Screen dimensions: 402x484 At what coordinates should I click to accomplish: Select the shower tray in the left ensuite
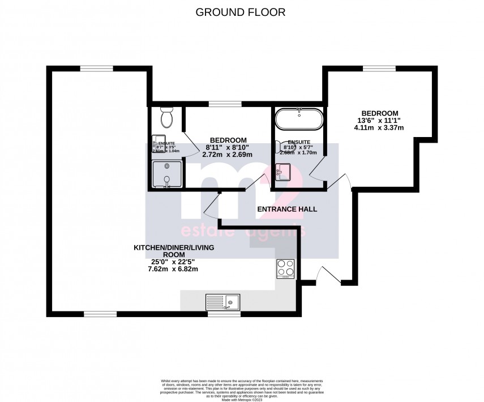(x=167, y=174)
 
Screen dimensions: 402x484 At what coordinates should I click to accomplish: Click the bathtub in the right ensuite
(x=299, y=120)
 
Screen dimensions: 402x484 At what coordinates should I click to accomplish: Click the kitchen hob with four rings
(x=285, y=267)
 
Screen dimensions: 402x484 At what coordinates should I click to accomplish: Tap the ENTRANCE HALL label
(x=287, y=209)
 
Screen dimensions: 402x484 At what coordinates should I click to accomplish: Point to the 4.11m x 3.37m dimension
(x=379, y=127)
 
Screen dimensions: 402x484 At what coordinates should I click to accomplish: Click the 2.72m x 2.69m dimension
(x=228, y=155)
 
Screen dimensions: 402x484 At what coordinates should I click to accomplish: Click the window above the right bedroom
(x=379, y=69)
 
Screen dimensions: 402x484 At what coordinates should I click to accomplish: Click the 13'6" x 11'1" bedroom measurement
(x=379, y=120)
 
